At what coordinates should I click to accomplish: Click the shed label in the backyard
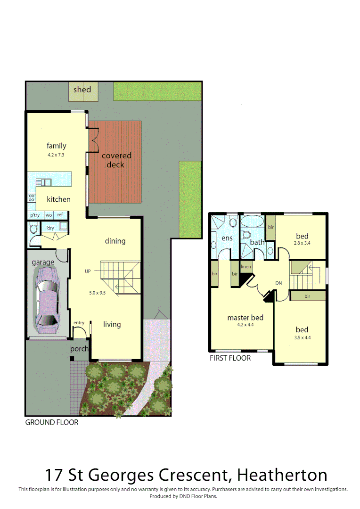coord(82,90)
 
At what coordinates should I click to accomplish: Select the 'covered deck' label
coord(115,160)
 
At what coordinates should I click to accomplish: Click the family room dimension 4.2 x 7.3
coord(56,155)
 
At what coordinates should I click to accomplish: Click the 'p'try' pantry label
coord(35,215)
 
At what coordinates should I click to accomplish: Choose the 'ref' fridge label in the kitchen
coord(60,215)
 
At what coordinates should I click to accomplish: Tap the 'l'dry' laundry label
coord(49,228)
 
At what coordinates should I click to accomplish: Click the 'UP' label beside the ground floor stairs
coord(88,271)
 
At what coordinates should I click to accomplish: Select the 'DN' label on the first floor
coord(279,283)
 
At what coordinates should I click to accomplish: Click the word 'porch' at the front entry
coord(79,349)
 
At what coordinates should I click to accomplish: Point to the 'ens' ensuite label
coord(227,238)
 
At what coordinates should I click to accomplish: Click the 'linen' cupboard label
coord(245,267)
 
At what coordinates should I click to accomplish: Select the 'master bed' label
coord(245,318)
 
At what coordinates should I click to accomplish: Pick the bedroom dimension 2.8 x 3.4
coord(302,244)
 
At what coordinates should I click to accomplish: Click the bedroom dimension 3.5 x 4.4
coord(302,337)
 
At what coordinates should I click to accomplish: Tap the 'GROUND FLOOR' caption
coord(52,422)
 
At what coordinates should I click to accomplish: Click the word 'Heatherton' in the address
coord(282,474)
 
